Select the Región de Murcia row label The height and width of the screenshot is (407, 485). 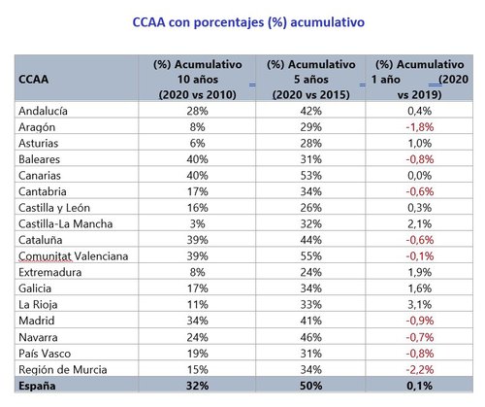(63, 368)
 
